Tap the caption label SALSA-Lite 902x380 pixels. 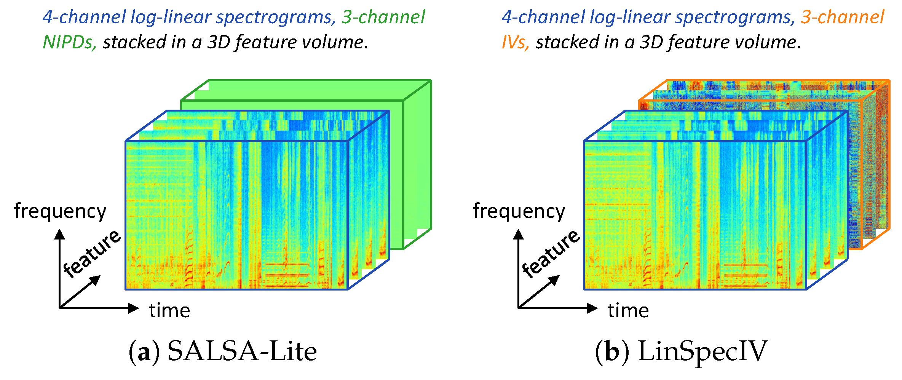[x=242, y=351]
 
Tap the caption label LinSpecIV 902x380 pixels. [x=702, y=351]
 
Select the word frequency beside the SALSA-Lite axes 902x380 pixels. [x=60, y=212]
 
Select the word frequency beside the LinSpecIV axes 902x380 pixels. [x=519, y=212]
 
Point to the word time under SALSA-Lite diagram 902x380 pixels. [x=169, y=310]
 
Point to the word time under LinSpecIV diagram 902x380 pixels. [x=628, y=310]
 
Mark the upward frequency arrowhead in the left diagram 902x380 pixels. [x=59, y=234]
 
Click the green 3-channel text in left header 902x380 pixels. [x=383, y=17]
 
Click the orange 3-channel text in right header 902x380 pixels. [x=842, y=17]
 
